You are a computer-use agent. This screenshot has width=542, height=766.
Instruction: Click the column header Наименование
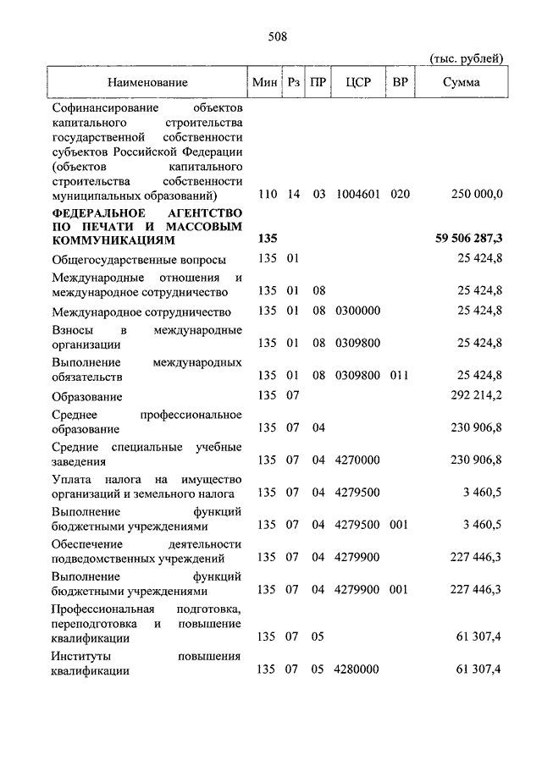[147, 83]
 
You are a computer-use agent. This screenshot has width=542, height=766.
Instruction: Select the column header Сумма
[461, 83]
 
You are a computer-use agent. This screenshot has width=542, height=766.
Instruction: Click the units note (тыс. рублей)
[467, 58]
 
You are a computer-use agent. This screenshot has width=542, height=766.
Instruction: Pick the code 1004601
[357, 194]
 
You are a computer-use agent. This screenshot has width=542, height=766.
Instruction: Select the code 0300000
[357, 311]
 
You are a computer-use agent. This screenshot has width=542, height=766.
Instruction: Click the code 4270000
[357, 461]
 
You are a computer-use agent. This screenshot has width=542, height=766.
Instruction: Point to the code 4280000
[357, 670]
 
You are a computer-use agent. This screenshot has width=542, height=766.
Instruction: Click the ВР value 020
[401, 194]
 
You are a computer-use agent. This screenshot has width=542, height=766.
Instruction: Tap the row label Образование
[87, 396]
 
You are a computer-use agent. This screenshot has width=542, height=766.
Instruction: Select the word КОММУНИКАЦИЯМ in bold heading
[113, 241]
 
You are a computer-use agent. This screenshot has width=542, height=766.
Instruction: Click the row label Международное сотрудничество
[141, 311]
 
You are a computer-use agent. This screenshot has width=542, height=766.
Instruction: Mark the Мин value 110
[268, 194]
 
